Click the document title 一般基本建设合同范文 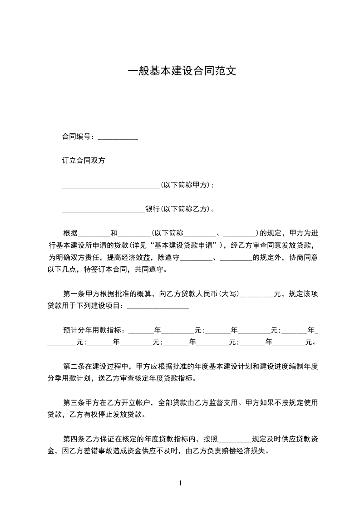(182, 71)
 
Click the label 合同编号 (78, 136)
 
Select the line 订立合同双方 (83, 161)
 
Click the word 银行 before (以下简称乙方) (152, 209)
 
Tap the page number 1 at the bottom (180, 483)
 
